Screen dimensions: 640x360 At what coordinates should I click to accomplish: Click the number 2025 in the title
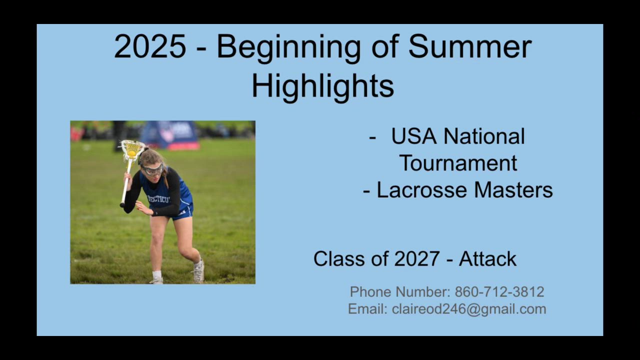[x=150, y=46]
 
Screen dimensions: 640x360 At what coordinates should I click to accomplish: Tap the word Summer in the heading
[x=469, y=46]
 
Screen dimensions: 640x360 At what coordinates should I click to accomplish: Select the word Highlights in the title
[x=323, y=86]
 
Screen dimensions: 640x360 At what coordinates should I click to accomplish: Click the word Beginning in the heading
[x=288, y=48]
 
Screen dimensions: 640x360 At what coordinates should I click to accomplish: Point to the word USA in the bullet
[x=414, y=136]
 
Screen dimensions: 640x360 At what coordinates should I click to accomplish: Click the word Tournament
[x=459, y=163]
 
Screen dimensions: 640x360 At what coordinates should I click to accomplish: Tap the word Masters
[x=513, y=190]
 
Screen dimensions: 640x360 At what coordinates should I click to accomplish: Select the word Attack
[x=487, y=259]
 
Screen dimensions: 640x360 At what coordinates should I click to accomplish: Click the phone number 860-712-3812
[x=499, y=292]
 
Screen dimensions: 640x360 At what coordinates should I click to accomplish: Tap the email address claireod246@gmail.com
[x=469, y=309]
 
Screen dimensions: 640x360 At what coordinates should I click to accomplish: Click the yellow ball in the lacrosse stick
[x=131, y=153]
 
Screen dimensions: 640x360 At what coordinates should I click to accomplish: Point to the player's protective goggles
[x=153, y=169]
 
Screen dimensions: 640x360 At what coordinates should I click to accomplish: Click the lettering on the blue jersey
[x=159, y=199]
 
